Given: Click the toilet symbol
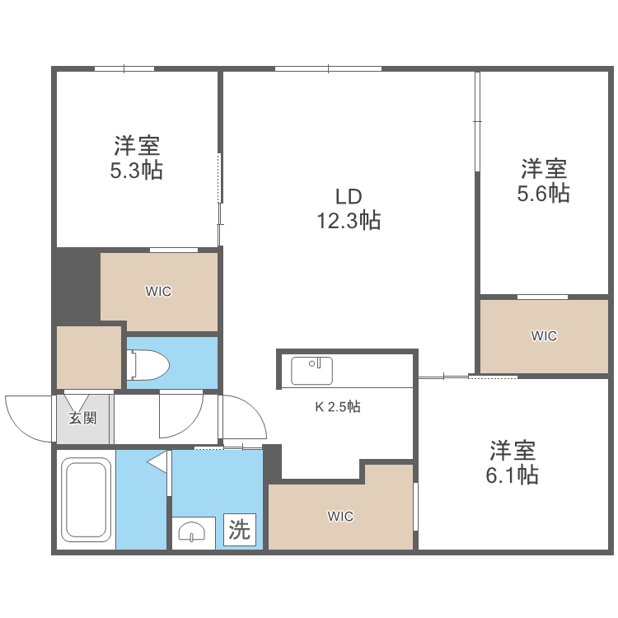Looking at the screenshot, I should click(x=148, y=363).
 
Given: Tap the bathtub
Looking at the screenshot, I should click(x=87, y=499).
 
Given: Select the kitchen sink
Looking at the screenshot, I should click(x=311, y=370).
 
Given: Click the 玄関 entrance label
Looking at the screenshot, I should click(x=82, y=418).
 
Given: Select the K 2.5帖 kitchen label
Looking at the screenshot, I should click(x=338, y=406).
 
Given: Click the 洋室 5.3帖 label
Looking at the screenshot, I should click(x=137, y=158).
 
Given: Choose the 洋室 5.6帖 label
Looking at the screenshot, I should click(x=543, y=180).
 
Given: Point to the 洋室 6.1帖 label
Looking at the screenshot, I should click(x=513, y=462).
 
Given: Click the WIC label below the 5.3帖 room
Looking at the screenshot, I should click(x=158, y=291).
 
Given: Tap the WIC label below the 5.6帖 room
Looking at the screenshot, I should click(x=544, y=335).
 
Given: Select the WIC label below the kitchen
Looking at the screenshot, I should click(x=340, y=517).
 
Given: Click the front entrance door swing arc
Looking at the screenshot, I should click(x=25, y=415).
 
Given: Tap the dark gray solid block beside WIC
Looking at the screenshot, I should click(x=76, y=284).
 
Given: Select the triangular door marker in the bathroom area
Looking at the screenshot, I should click(x=157, y=463).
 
